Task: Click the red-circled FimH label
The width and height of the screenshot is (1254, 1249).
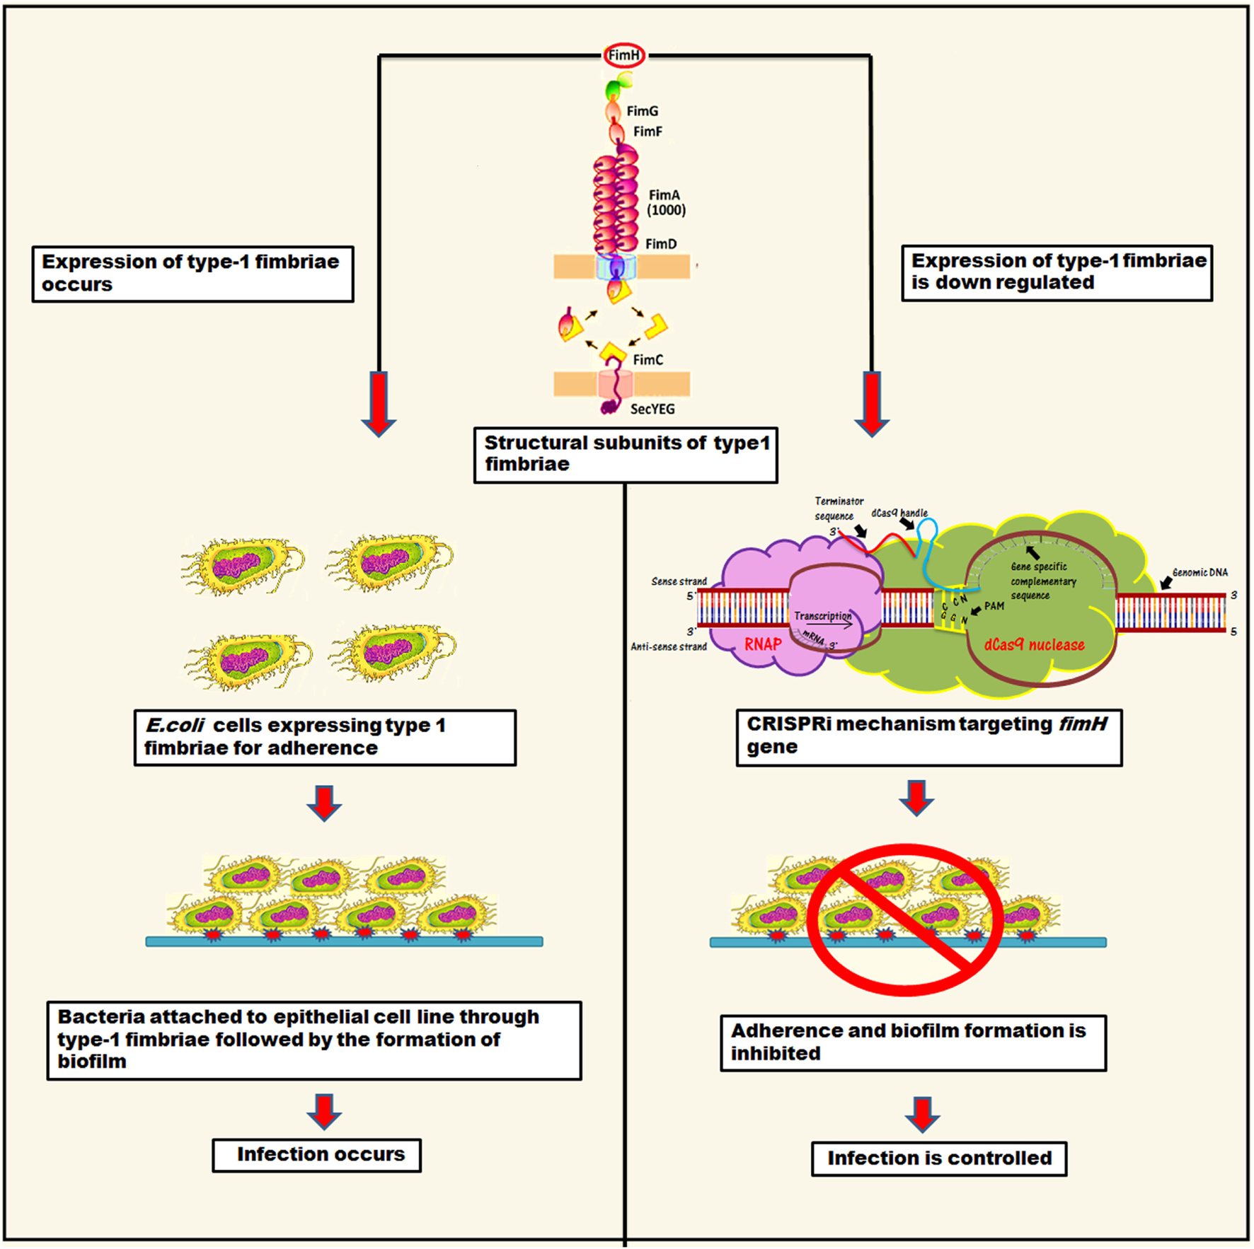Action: click(623, 55)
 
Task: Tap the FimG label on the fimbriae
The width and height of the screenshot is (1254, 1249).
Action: click(642, 111)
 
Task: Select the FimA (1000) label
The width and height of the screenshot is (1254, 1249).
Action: click(665, 202)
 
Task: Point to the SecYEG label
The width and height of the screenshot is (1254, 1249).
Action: click(652, 409)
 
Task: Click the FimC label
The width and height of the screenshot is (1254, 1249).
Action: click(648, 360)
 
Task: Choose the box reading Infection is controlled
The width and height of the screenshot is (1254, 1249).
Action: click(938, 1158)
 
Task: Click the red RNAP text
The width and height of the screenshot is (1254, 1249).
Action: click(762, 644)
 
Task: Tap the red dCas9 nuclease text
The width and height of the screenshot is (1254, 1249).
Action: click(1034, 645)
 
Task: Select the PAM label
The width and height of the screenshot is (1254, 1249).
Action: click(994, 606)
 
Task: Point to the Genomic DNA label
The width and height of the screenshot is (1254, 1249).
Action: click(1200, 572)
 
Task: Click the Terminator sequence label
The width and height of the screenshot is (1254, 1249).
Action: click(838, 509)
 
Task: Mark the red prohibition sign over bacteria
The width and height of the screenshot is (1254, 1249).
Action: click(905, 919)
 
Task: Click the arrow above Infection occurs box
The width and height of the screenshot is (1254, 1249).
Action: click(324, 1110)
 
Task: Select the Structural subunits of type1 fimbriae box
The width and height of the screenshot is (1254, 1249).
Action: click(626, 455)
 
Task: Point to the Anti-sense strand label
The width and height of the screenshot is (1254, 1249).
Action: click(668, 646)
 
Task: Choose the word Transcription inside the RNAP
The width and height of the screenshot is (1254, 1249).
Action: click(822, 616)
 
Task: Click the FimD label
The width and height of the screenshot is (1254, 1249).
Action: click(660, 244)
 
